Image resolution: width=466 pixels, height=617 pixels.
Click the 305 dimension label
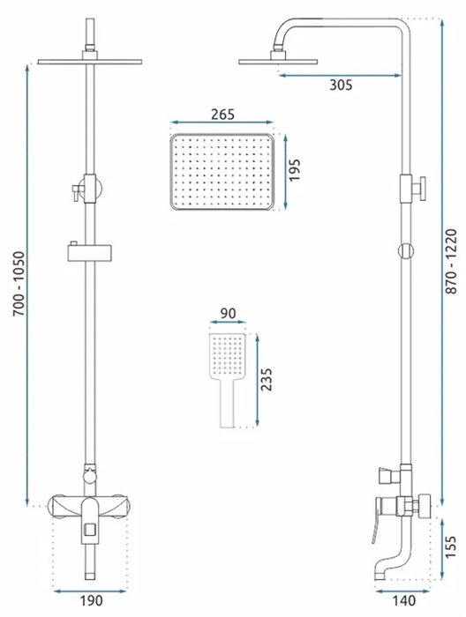pyautogui.click(x=341, y=85)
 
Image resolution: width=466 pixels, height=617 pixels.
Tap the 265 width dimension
pyautogui.click(x=222, y=114)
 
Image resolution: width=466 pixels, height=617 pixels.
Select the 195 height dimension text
pyautogui.click(x=294, y=170)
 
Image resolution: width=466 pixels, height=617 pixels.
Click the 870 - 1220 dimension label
pyautogui.click(x=451, y=261)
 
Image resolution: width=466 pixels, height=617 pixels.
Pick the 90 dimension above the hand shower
pyautogui.click(x=228, y=313)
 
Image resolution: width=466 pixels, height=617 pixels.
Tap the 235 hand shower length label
pyautogui.click(x=267, y=379)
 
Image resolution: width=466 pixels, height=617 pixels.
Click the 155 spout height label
pyautogui.click(x=450, y=546)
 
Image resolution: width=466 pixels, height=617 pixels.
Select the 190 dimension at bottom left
pyautogui.click(x=92, y=600)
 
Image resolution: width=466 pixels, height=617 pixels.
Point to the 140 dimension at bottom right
pyautogui.click(x=404, y=600)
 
